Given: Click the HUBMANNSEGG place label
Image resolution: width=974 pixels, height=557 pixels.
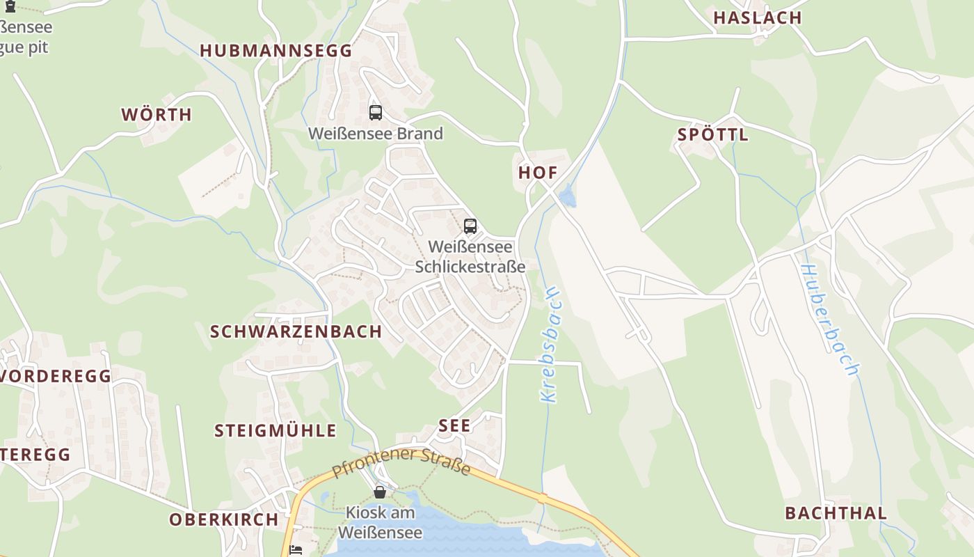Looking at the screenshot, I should tap(276, 51).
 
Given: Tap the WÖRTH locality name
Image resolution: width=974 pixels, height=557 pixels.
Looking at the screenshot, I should tap(157, 115).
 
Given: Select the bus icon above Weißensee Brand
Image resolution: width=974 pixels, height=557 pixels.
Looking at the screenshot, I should tap(376, 112).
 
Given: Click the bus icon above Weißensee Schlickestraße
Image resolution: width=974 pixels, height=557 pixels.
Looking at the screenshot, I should tap(470, 226).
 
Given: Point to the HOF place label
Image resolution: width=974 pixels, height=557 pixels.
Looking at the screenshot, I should tap(538, 173).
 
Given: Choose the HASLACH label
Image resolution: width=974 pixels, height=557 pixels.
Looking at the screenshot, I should tap(758, 18).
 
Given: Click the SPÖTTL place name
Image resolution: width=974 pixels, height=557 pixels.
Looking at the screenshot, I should tap(713, 135).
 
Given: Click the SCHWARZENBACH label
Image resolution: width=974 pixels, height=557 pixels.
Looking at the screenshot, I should tap(296, 331).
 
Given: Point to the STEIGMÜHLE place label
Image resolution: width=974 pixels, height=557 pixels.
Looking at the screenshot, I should tap(276, 431).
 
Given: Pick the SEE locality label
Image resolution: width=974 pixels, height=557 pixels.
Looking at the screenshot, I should tap(455, 425).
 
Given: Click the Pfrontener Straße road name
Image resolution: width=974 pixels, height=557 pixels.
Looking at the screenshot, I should tap(401, 463).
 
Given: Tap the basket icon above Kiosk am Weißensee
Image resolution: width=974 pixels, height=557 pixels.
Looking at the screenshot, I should tap(380, 492).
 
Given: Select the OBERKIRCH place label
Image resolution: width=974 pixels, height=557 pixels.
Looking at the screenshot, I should tap(224, 519).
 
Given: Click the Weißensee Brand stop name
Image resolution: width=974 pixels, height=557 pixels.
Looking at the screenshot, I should tap(376, 134).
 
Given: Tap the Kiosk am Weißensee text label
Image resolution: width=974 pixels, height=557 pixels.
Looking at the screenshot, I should tap(380, 523).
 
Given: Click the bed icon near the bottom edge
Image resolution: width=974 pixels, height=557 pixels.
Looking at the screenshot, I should tap(296, 550).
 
